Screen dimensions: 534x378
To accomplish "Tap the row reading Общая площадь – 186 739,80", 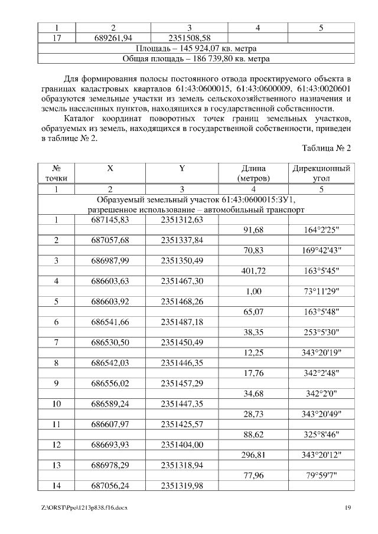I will pos(196,59).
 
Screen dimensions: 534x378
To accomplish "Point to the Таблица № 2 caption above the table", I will pos(326,148).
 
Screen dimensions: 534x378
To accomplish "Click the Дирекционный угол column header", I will pos(321,172).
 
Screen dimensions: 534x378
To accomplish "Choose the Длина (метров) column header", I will pos(253,172).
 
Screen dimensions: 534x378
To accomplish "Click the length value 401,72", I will pos(253,271).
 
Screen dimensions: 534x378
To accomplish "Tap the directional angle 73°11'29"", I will pos(321,291).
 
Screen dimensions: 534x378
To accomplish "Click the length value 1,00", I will pos(253,291).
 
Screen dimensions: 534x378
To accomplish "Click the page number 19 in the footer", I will pos(348,507).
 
